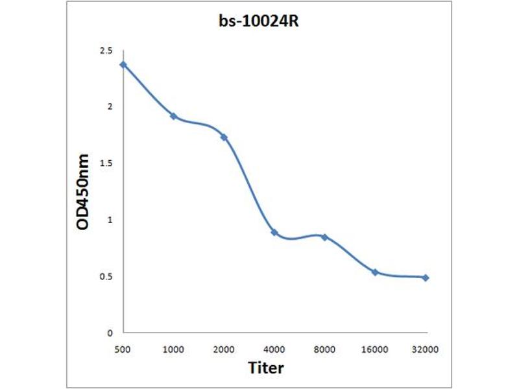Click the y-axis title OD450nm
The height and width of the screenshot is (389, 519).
tap(82, 191)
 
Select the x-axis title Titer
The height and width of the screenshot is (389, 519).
tap(266, 368)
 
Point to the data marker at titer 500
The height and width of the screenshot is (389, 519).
tap(123, 64)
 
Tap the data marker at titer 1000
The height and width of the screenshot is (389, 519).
tap(173, 116)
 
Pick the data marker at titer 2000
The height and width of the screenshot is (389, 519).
tap(224, 137)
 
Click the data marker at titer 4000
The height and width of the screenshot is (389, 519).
tap(274, 232)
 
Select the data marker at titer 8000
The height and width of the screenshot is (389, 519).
tap(324, 237)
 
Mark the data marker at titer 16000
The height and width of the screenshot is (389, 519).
tap(375, 272)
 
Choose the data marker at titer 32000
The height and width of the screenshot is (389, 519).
tap(426, 277)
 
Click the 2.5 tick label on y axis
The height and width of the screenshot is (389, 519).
tap(106, 51)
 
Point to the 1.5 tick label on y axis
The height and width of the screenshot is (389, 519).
tap(106, 163)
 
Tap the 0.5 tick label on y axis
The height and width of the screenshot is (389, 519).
tap(106, 277)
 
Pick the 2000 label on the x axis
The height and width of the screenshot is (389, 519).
tap(224, 349)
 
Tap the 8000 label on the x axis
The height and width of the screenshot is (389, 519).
tap(324, 349)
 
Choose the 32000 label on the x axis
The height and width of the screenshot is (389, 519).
tap(426, 349)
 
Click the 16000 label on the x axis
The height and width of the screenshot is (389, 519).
tap(375, 349)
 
